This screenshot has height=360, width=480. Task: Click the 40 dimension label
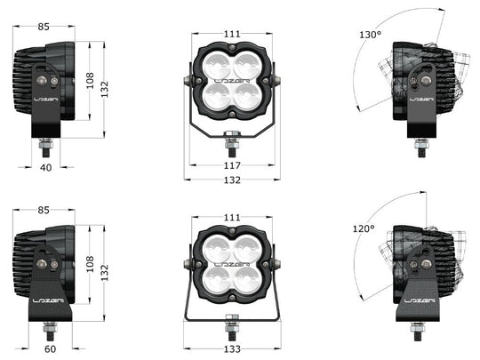46,168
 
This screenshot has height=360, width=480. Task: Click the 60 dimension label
51,348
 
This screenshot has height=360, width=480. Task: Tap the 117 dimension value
232,165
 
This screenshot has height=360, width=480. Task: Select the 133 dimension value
232,348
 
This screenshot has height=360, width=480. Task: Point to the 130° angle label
370,35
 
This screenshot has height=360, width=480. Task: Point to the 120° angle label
364,228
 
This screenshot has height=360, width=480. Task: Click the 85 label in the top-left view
44,27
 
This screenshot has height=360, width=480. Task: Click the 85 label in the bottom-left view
44,210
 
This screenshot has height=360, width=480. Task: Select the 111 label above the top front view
232,34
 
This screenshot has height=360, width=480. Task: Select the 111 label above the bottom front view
232,218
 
